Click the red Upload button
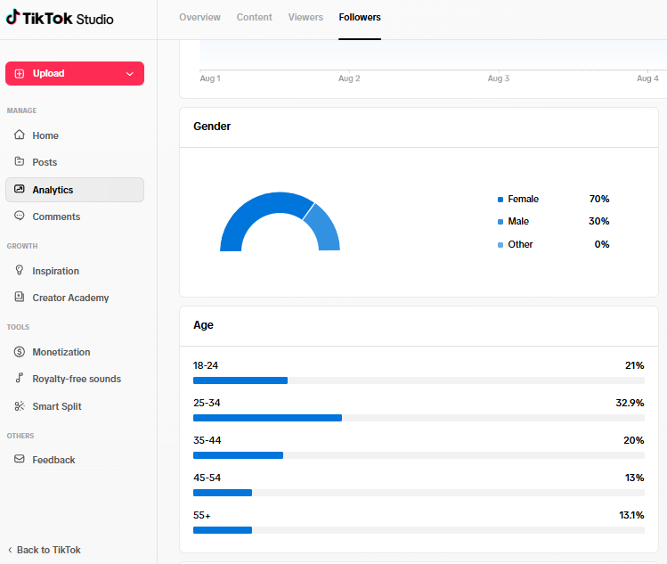75,74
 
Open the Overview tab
200,18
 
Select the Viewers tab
305,18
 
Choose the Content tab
255,18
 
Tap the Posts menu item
45,162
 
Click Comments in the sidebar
56,217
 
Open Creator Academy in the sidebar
70,298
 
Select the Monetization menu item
61,352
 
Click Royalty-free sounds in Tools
77,379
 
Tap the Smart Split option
57,406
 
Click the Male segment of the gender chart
325,227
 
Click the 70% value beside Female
599,199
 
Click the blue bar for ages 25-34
267,418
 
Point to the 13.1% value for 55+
631,515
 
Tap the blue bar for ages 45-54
223,493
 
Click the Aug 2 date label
349,78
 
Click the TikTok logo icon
12,17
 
